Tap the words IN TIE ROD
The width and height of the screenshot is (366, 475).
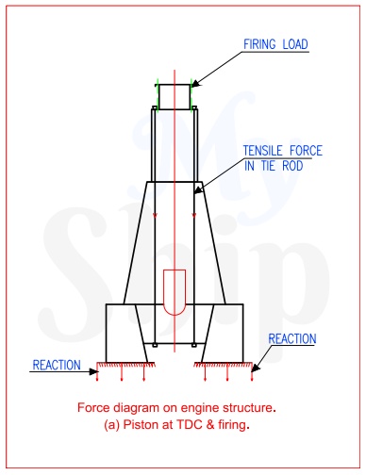point(274,166)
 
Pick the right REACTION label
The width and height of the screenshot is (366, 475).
point(292,339)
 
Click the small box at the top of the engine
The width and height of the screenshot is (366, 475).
point(175,95)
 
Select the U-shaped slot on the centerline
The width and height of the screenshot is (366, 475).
point(175,293)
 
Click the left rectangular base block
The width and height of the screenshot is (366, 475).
point(121,332)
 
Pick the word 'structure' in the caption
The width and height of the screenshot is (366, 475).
point(252,408)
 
